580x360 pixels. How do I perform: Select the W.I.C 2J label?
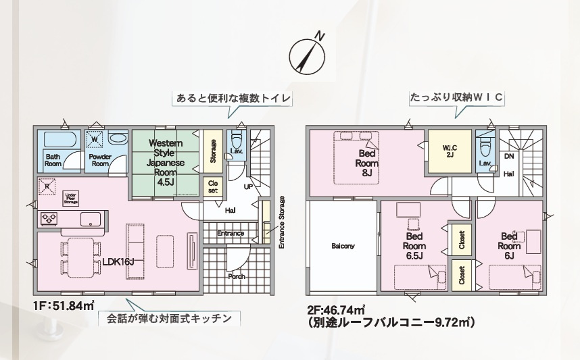[x=449, y=151]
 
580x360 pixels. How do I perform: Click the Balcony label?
[x=343, y=246]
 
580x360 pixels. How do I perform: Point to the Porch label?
[x=237, y=276]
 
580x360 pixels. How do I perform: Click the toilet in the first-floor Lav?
[x=236, y=140]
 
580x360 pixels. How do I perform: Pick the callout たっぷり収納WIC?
[x=456, y=97]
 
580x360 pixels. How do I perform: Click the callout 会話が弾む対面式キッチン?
[x=169, y=317]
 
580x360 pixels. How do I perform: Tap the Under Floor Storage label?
[x=71, y=198]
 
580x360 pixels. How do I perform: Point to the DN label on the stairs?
[x=509, y=156]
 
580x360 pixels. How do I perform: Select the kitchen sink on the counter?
[x=90, y=219]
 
